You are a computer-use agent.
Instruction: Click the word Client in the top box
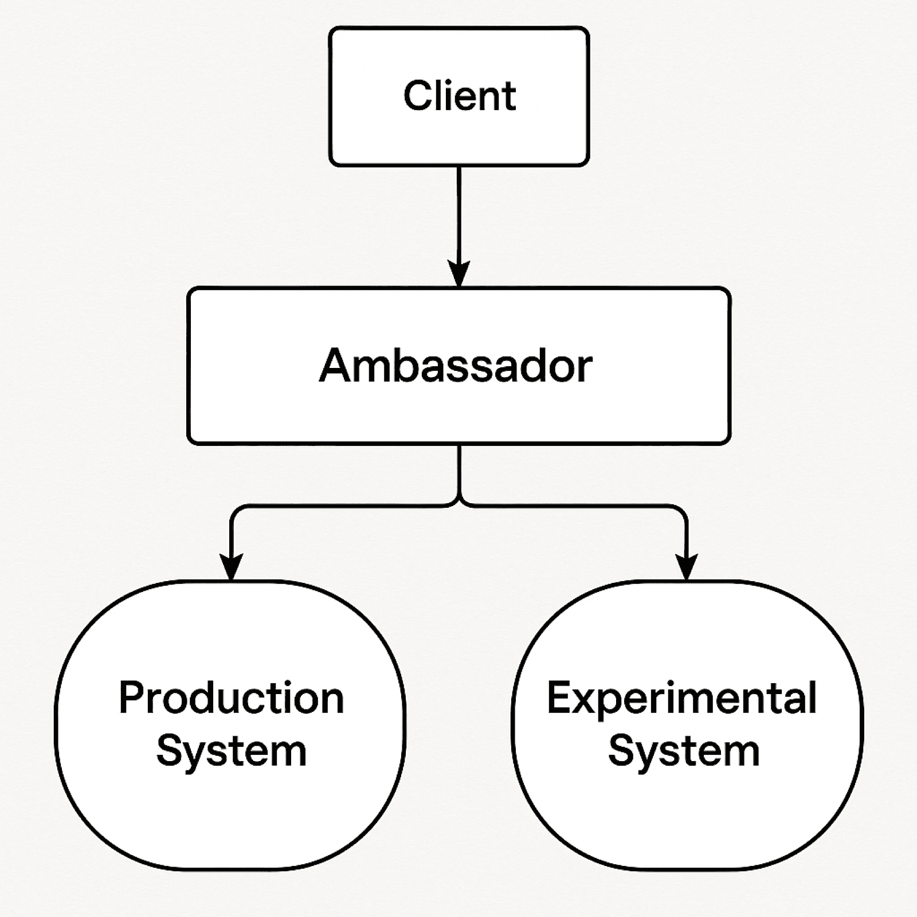460,95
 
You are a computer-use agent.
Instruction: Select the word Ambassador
456,366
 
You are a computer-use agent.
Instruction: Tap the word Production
232,697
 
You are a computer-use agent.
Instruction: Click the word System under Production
232,752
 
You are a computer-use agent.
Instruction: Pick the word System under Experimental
684,752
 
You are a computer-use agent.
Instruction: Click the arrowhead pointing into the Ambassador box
458,274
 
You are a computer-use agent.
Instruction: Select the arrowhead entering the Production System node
231,567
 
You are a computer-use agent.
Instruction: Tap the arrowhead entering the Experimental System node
687,567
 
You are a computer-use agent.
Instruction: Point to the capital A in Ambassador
335,366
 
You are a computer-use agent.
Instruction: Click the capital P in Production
131,697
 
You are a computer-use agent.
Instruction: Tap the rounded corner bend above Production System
236,511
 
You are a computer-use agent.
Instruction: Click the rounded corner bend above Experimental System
681,511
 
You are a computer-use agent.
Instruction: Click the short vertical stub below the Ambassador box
459,470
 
